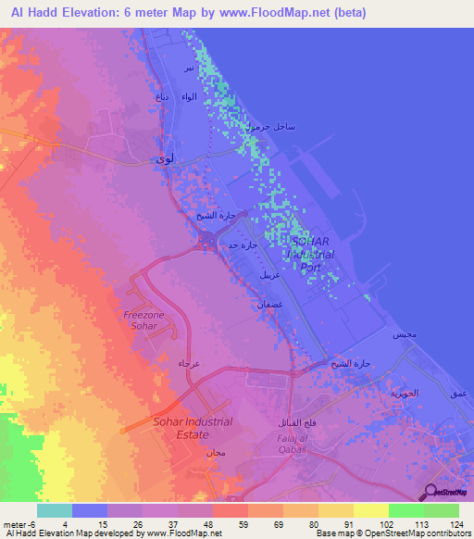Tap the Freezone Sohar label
pos(145,320)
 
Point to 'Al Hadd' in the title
pos(32,13)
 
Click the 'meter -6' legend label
pos(19,525)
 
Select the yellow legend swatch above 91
pos(336,510)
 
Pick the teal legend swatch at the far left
pos(55,510)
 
